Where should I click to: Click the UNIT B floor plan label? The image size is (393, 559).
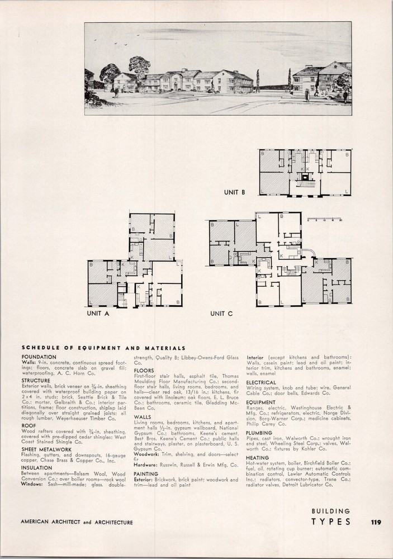click(235, 192)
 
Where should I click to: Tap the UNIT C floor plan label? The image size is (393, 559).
click(221, 314)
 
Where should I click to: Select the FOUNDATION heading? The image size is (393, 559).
click(39, 356)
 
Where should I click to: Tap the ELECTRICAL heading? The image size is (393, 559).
click(261, 382)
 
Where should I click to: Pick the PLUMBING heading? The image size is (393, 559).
click(259, 433)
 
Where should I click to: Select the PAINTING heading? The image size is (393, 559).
click(146, 473)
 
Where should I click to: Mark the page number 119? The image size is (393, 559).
click(375, 523)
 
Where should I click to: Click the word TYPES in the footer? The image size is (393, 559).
click(331, 522)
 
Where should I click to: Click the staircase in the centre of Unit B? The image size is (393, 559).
click(305, 181)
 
